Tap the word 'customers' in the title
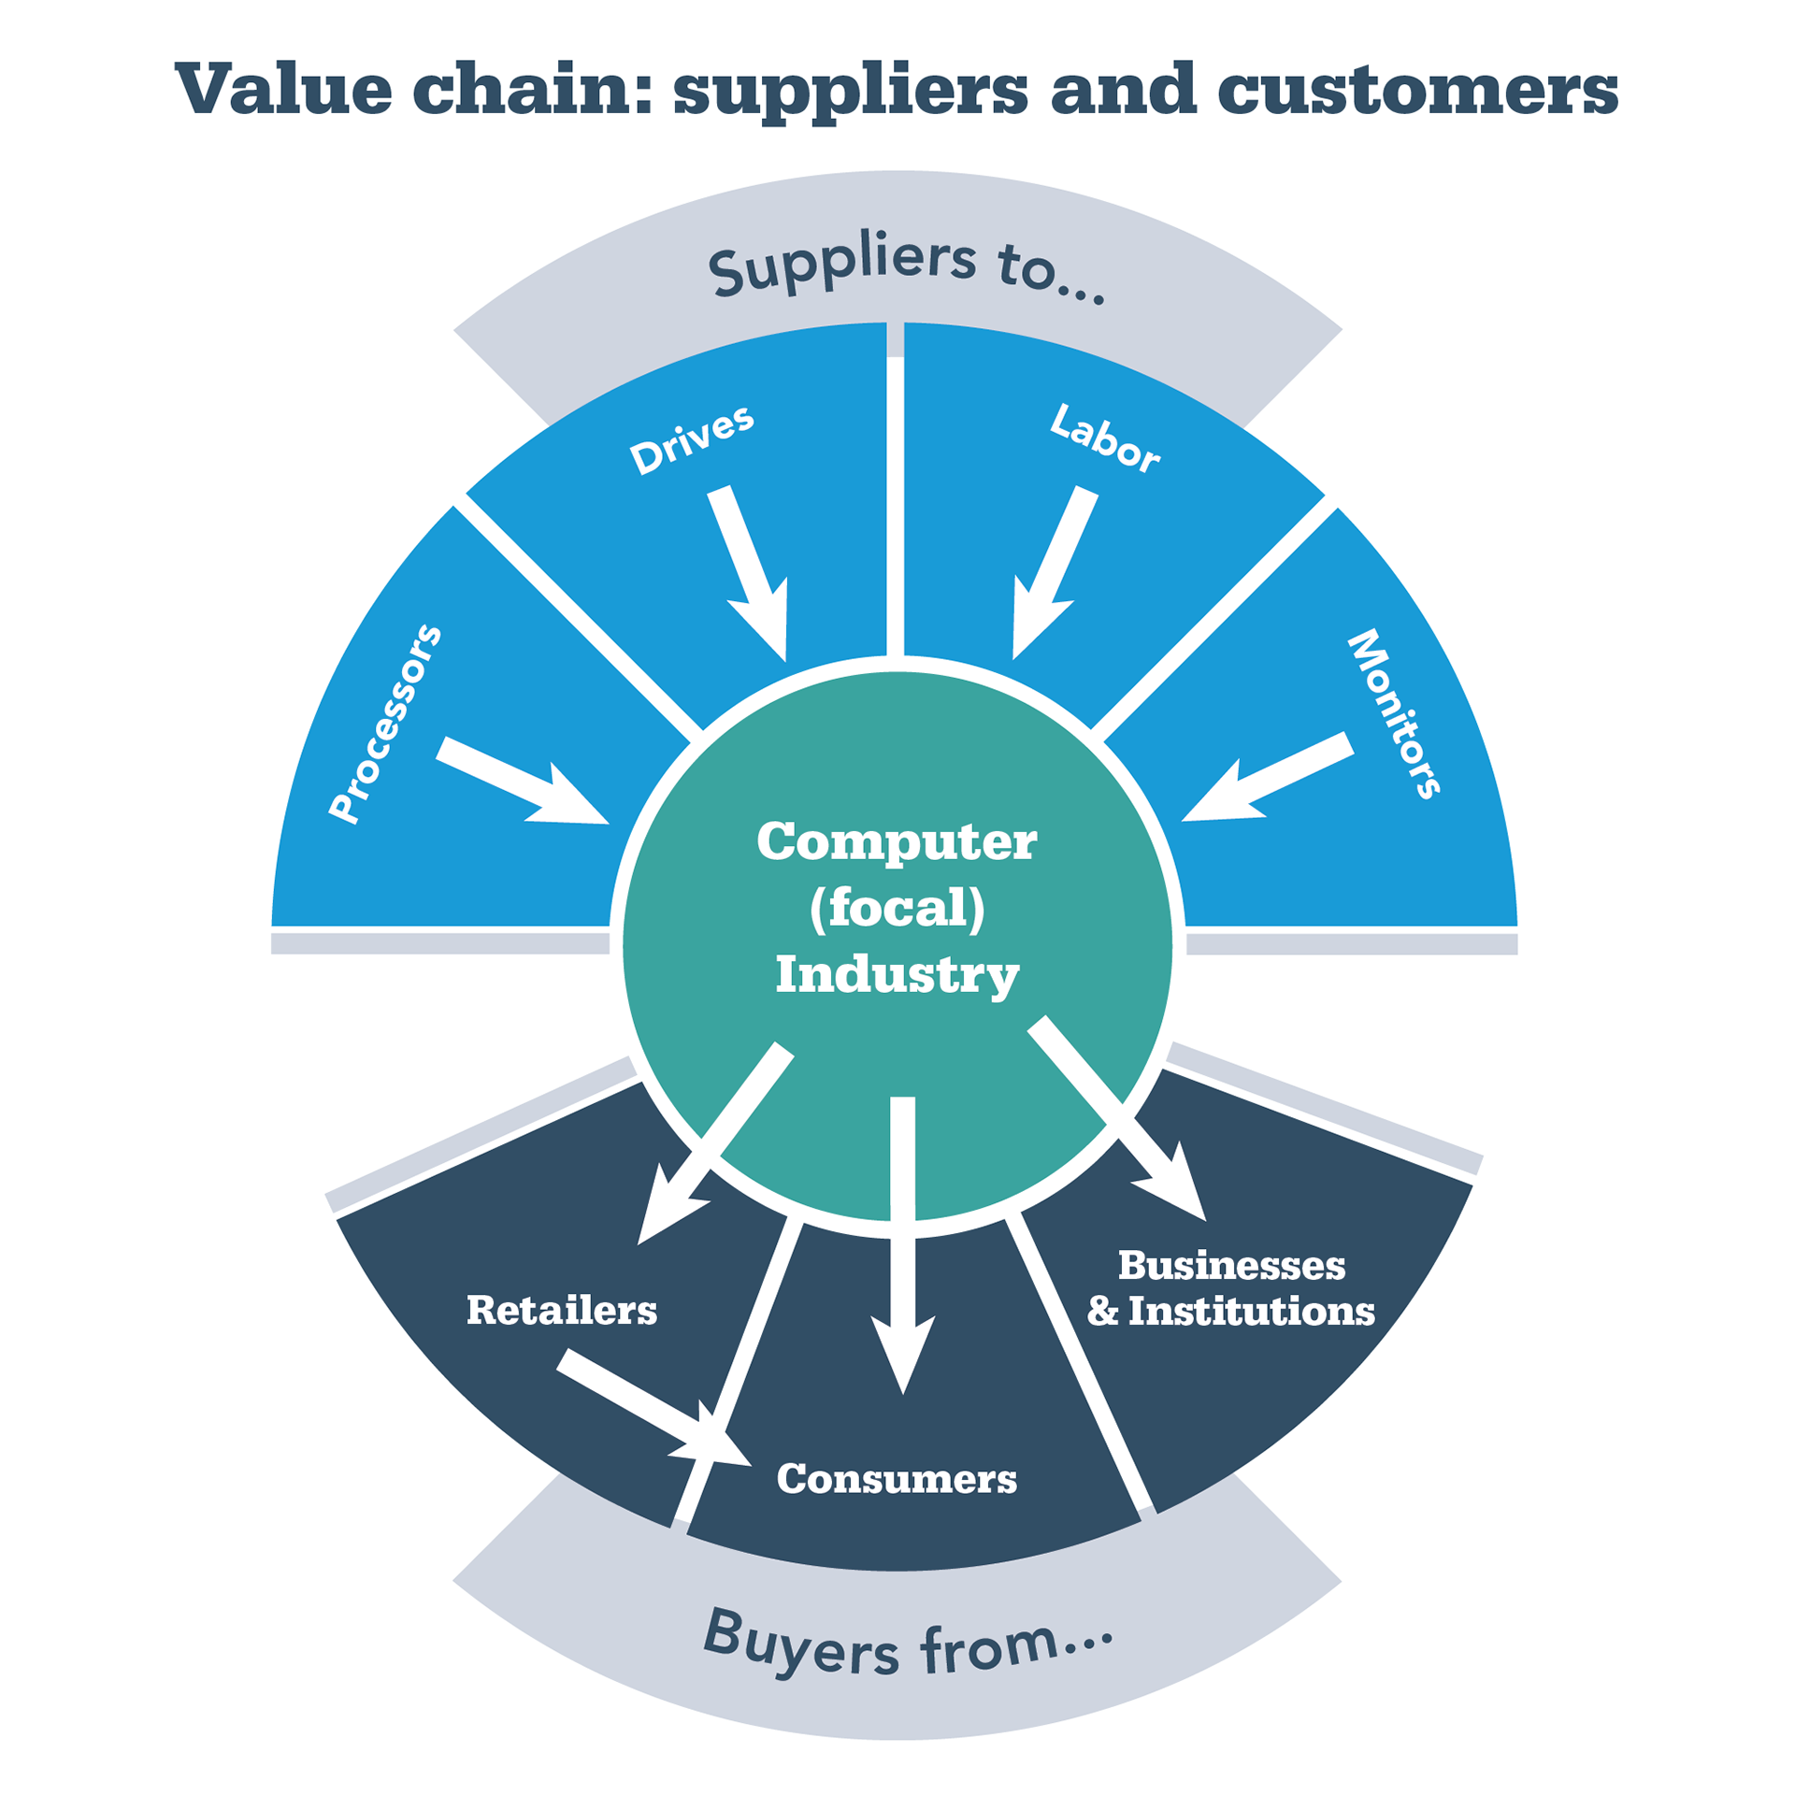(x=1416, y=92)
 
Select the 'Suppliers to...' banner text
(x=905, y=267)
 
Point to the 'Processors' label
(x=385, y=724)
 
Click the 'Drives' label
(x=692, y=439)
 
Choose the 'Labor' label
(x=1105, y=438)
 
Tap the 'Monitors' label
(x=1394, y=714)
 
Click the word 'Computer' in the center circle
(x=897, y=841)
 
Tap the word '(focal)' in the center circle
(x=897, y=908)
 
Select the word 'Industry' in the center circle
(x=897, y=974)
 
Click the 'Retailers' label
(x=562, y=1310)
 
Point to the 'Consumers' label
(x=897, y=1478)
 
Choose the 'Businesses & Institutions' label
(x=1231, y=1288)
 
